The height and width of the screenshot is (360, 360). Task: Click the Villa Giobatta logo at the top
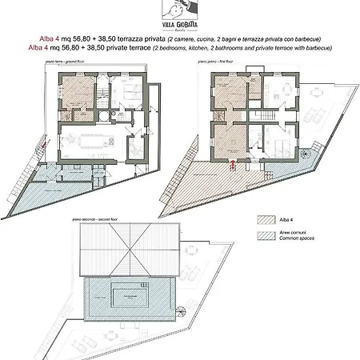[x=180, y=14]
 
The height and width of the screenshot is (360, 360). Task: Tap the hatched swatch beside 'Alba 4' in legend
[x=266, y=217]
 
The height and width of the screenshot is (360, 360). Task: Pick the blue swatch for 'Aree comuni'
[x=266, y=235]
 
